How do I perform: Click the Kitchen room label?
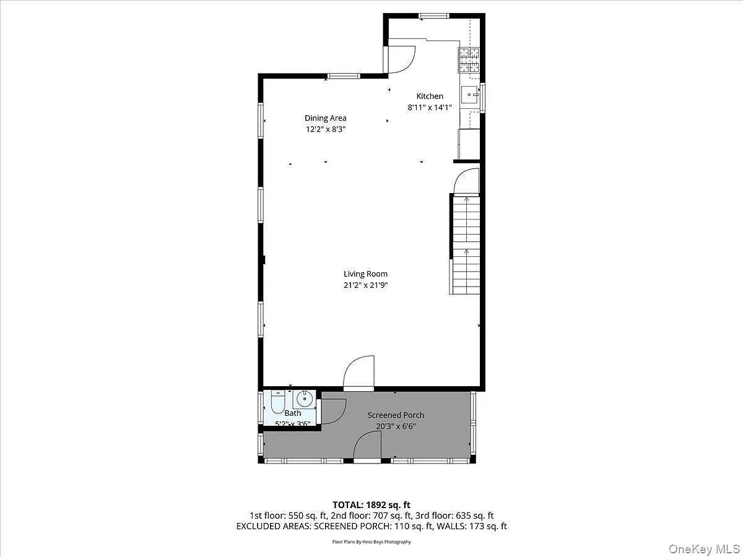point(429,96)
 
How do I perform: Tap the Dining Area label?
point(325,118)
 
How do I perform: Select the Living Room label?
point(365,274)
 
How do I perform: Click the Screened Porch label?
point(396,415)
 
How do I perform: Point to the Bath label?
point(293,413)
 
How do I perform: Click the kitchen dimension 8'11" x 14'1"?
point(429,107)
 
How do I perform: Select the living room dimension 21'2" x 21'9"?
point(365,285)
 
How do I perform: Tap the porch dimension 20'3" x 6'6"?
point(396,426)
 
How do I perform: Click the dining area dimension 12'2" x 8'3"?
point(325,129)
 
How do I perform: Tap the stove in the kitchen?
point(469,59)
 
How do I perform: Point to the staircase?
point(466,245)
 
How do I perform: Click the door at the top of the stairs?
point(467,182)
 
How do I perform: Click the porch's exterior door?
point(367,447)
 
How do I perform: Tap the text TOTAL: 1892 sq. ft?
point(371,505)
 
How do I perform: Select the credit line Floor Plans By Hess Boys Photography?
point(371,542)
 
